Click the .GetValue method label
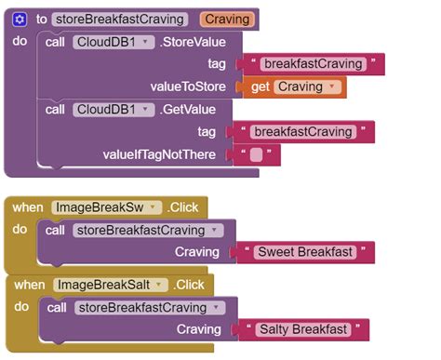coord(185,110)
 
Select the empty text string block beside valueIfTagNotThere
coord(256,154)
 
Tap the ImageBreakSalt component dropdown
coord(111,284)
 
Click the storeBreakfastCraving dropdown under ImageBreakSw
coord(147,230)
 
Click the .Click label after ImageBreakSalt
coord(190,284)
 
